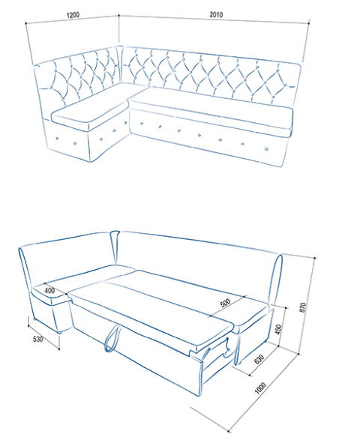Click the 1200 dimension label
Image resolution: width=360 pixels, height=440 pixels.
coord(73,15)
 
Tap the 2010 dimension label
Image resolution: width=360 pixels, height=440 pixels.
coord(216,14)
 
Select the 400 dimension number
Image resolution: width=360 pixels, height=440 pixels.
coord(49,290)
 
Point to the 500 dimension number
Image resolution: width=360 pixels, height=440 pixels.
coord(225,303)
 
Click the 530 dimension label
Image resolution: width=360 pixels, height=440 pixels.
coord(38,339)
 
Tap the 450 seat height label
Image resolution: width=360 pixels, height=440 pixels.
coord(278,330)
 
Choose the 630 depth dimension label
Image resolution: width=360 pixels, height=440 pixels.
coord(259,359)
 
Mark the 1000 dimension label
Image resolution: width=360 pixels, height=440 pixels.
coord(260,388)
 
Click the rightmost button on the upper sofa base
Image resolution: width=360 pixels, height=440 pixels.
coord(266,148)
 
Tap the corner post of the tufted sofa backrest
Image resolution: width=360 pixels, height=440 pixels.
coord(120,64)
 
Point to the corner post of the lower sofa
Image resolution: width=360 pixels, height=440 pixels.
coord(115,247)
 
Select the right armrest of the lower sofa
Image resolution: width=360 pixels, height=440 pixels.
coord(276,280)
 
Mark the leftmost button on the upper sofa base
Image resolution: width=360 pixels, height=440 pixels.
coord(57,139)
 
